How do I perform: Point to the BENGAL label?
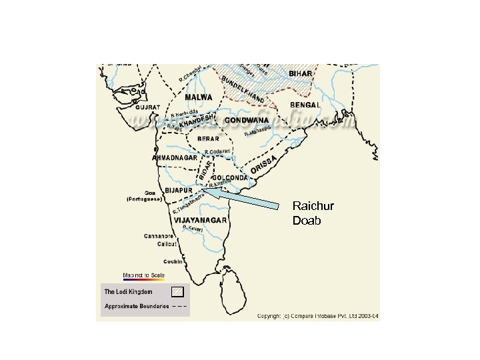tap(305, 105)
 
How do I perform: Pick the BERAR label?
tap(210, 139)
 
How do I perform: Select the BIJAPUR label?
tap(179, 190)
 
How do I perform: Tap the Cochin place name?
tap(173, 262)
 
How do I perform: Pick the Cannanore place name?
tap(160, 236)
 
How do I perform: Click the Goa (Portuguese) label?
tap(145, 195)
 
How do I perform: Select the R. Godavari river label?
tap(218, 152)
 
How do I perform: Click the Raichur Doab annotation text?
tap(313, 213)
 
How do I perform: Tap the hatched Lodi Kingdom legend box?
tap(177, 291)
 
